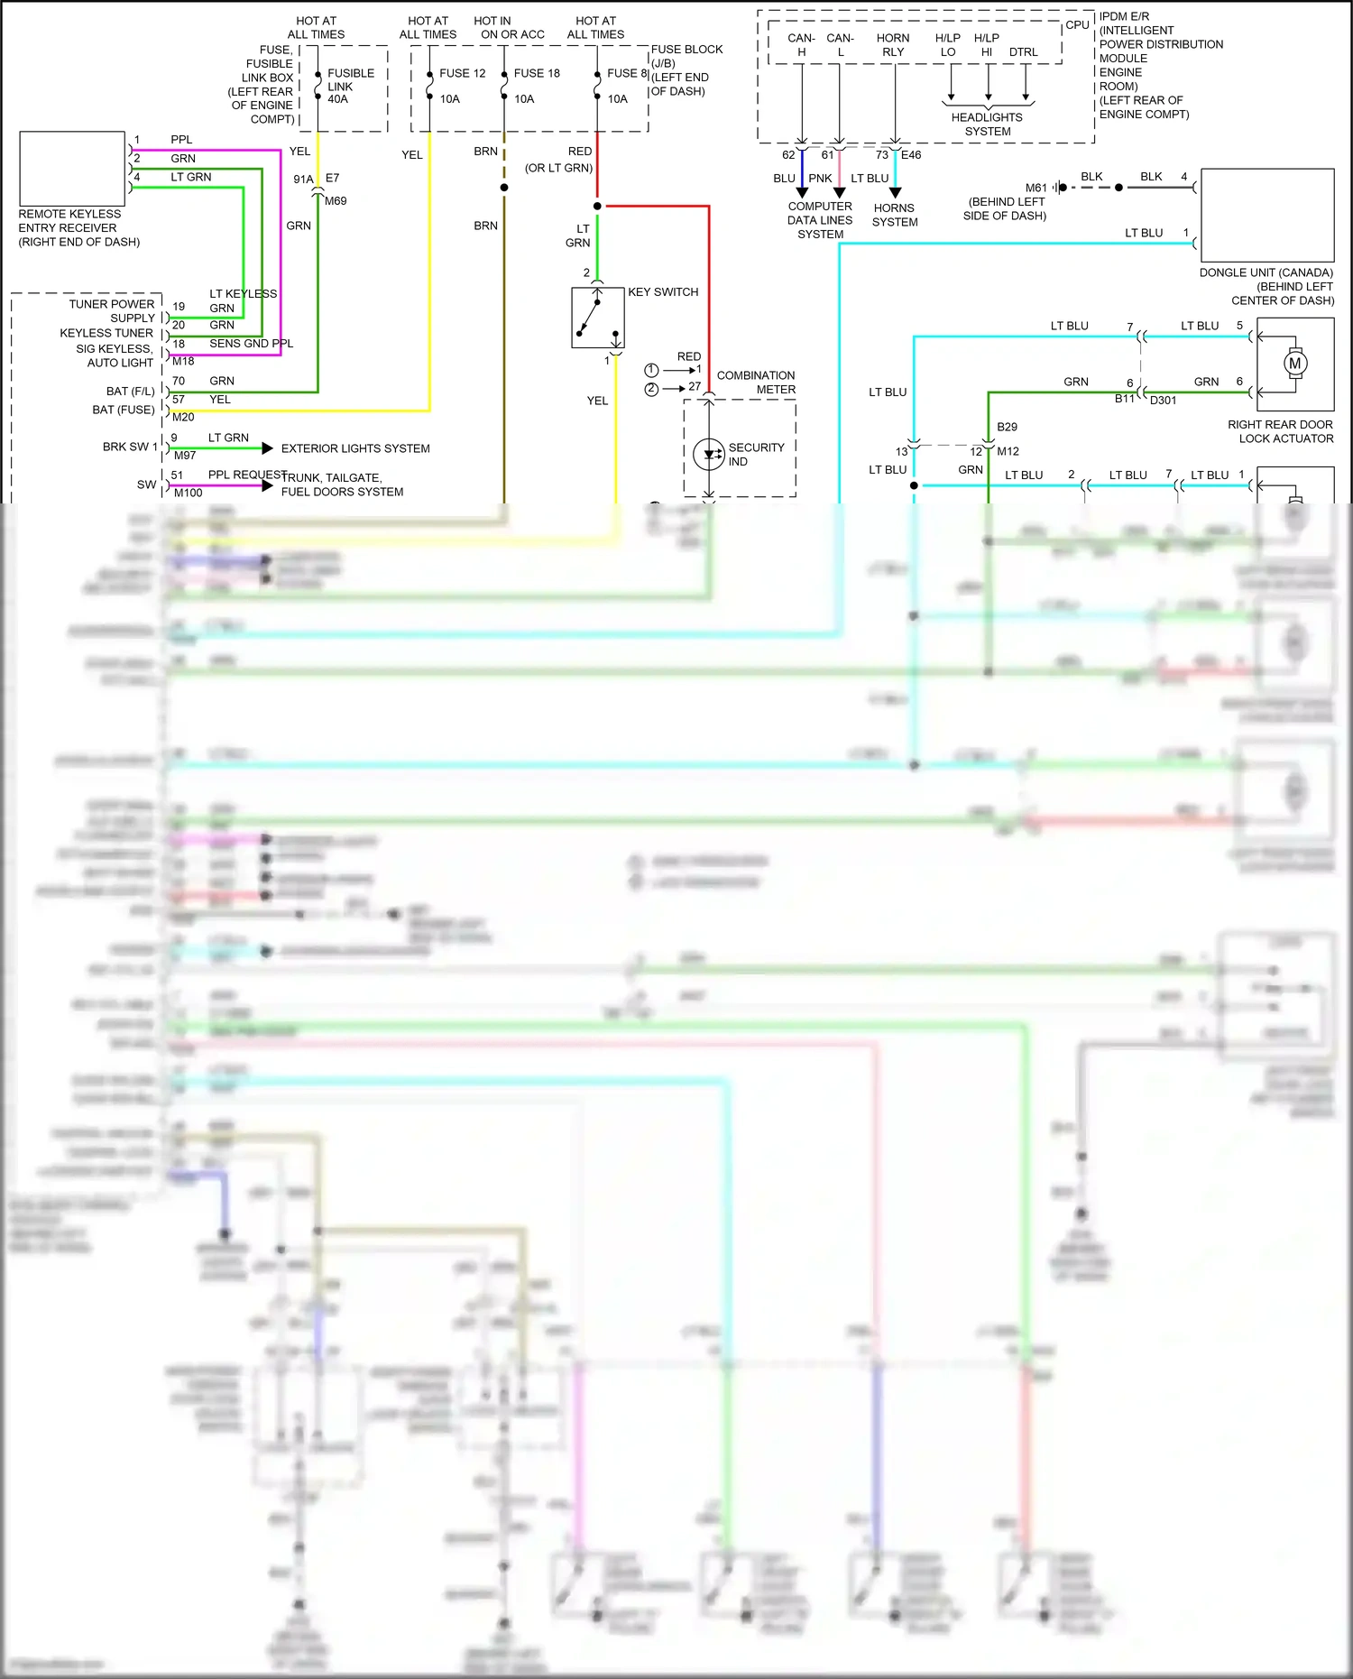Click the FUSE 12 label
462,73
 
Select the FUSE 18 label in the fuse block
537,73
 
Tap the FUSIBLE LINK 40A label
350,86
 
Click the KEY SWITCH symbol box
597,318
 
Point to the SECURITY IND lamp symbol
709,454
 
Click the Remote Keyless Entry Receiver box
72,169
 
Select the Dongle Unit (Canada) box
1266,215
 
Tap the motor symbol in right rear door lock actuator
1294,364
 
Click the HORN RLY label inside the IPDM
893,45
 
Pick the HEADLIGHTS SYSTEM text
987,125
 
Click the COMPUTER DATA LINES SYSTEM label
819,220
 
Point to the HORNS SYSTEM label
894,215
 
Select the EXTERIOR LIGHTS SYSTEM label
355,448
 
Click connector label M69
336,201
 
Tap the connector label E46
911,155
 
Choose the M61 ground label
1035,188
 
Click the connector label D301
1163,400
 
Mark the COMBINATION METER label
756,383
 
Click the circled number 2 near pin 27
651,389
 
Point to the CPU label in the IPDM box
1077,25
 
